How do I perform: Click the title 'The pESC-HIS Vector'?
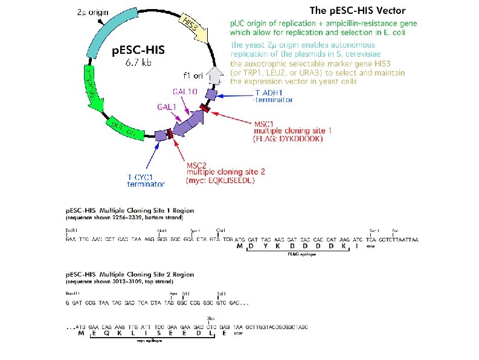click(357, 10)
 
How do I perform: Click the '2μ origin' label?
click(95, 12)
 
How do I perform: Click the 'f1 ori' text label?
click(194, 76)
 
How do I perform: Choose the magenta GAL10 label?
click(183, 91)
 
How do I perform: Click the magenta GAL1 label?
click(167, 106)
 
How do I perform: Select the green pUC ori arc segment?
click(124, 127)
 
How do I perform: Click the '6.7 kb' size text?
click(139, 63)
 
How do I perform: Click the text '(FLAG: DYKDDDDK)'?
click(289, 138)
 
